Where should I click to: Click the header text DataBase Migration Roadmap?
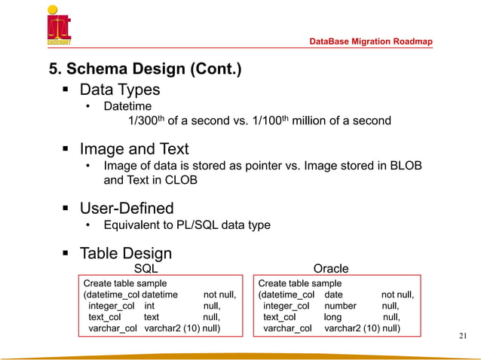click(372, 41)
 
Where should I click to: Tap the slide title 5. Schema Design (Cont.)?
click(146, 70)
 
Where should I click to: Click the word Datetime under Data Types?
click(127, 107)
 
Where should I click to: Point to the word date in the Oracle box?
click(333, 294)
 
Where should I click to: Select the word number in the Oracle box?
click(340, 307)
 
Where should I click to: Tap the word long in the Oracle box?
click(333, 318)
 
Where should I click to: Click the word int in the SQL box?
click(149, 307)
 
